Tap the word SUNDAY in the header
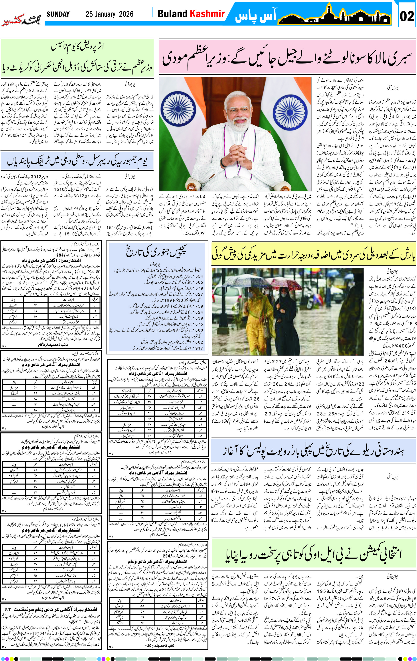(58, 14)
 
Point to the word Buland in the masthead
(172, 14)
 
